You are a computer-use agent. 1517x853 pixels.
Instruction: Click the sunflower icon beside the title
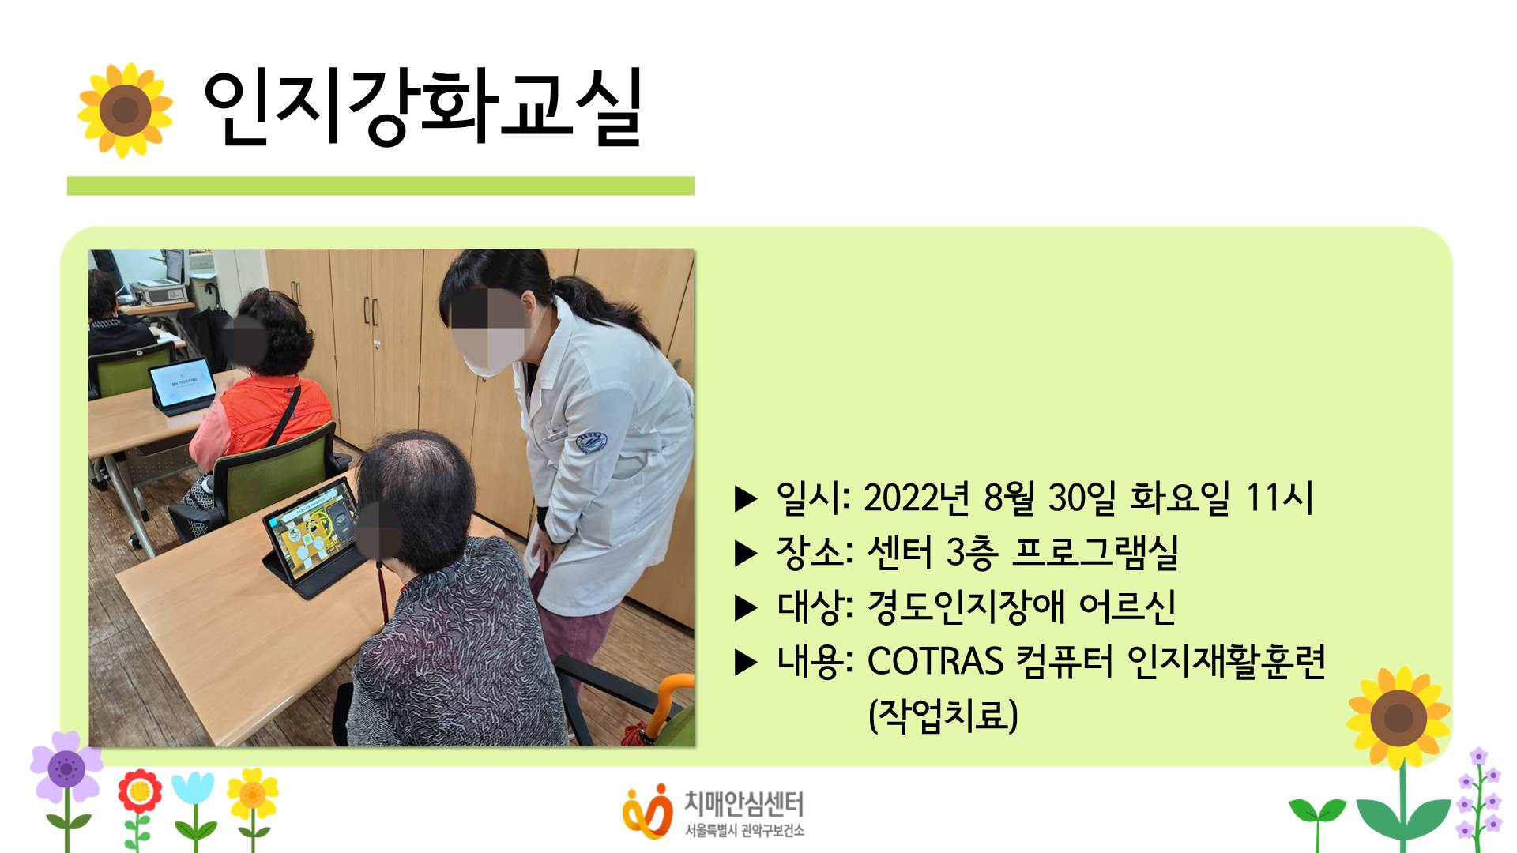125,110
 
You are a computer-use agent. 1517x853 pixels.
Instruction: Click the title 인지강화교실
423,107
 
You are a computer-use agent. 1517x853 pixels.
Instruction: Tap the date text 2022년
917,498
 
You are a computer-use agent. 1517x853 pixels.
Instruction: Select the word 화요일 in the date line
1180,498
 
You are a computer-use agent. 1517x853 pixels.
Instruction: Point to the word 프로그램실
1096,552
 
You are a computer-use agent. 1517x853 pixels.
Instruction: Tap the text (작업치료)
943,716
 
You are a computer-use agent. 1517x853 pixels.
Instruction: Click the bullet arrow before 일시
747,499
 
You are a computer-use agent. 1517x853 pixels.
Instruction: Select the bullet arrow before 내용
747,663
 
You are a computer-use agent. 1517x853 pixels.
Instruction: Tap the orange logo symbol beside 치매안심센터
647,811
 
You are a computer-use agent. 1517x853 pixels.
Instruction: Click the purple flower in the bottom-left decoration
66,768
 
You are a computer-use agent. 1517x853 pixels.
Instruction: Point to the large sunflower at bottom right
1398,718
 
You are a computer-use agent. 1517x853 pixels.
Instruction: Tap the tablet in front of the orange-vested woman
182,385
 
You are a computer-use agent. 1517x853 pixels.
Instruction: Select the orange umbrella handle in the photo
663,702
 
